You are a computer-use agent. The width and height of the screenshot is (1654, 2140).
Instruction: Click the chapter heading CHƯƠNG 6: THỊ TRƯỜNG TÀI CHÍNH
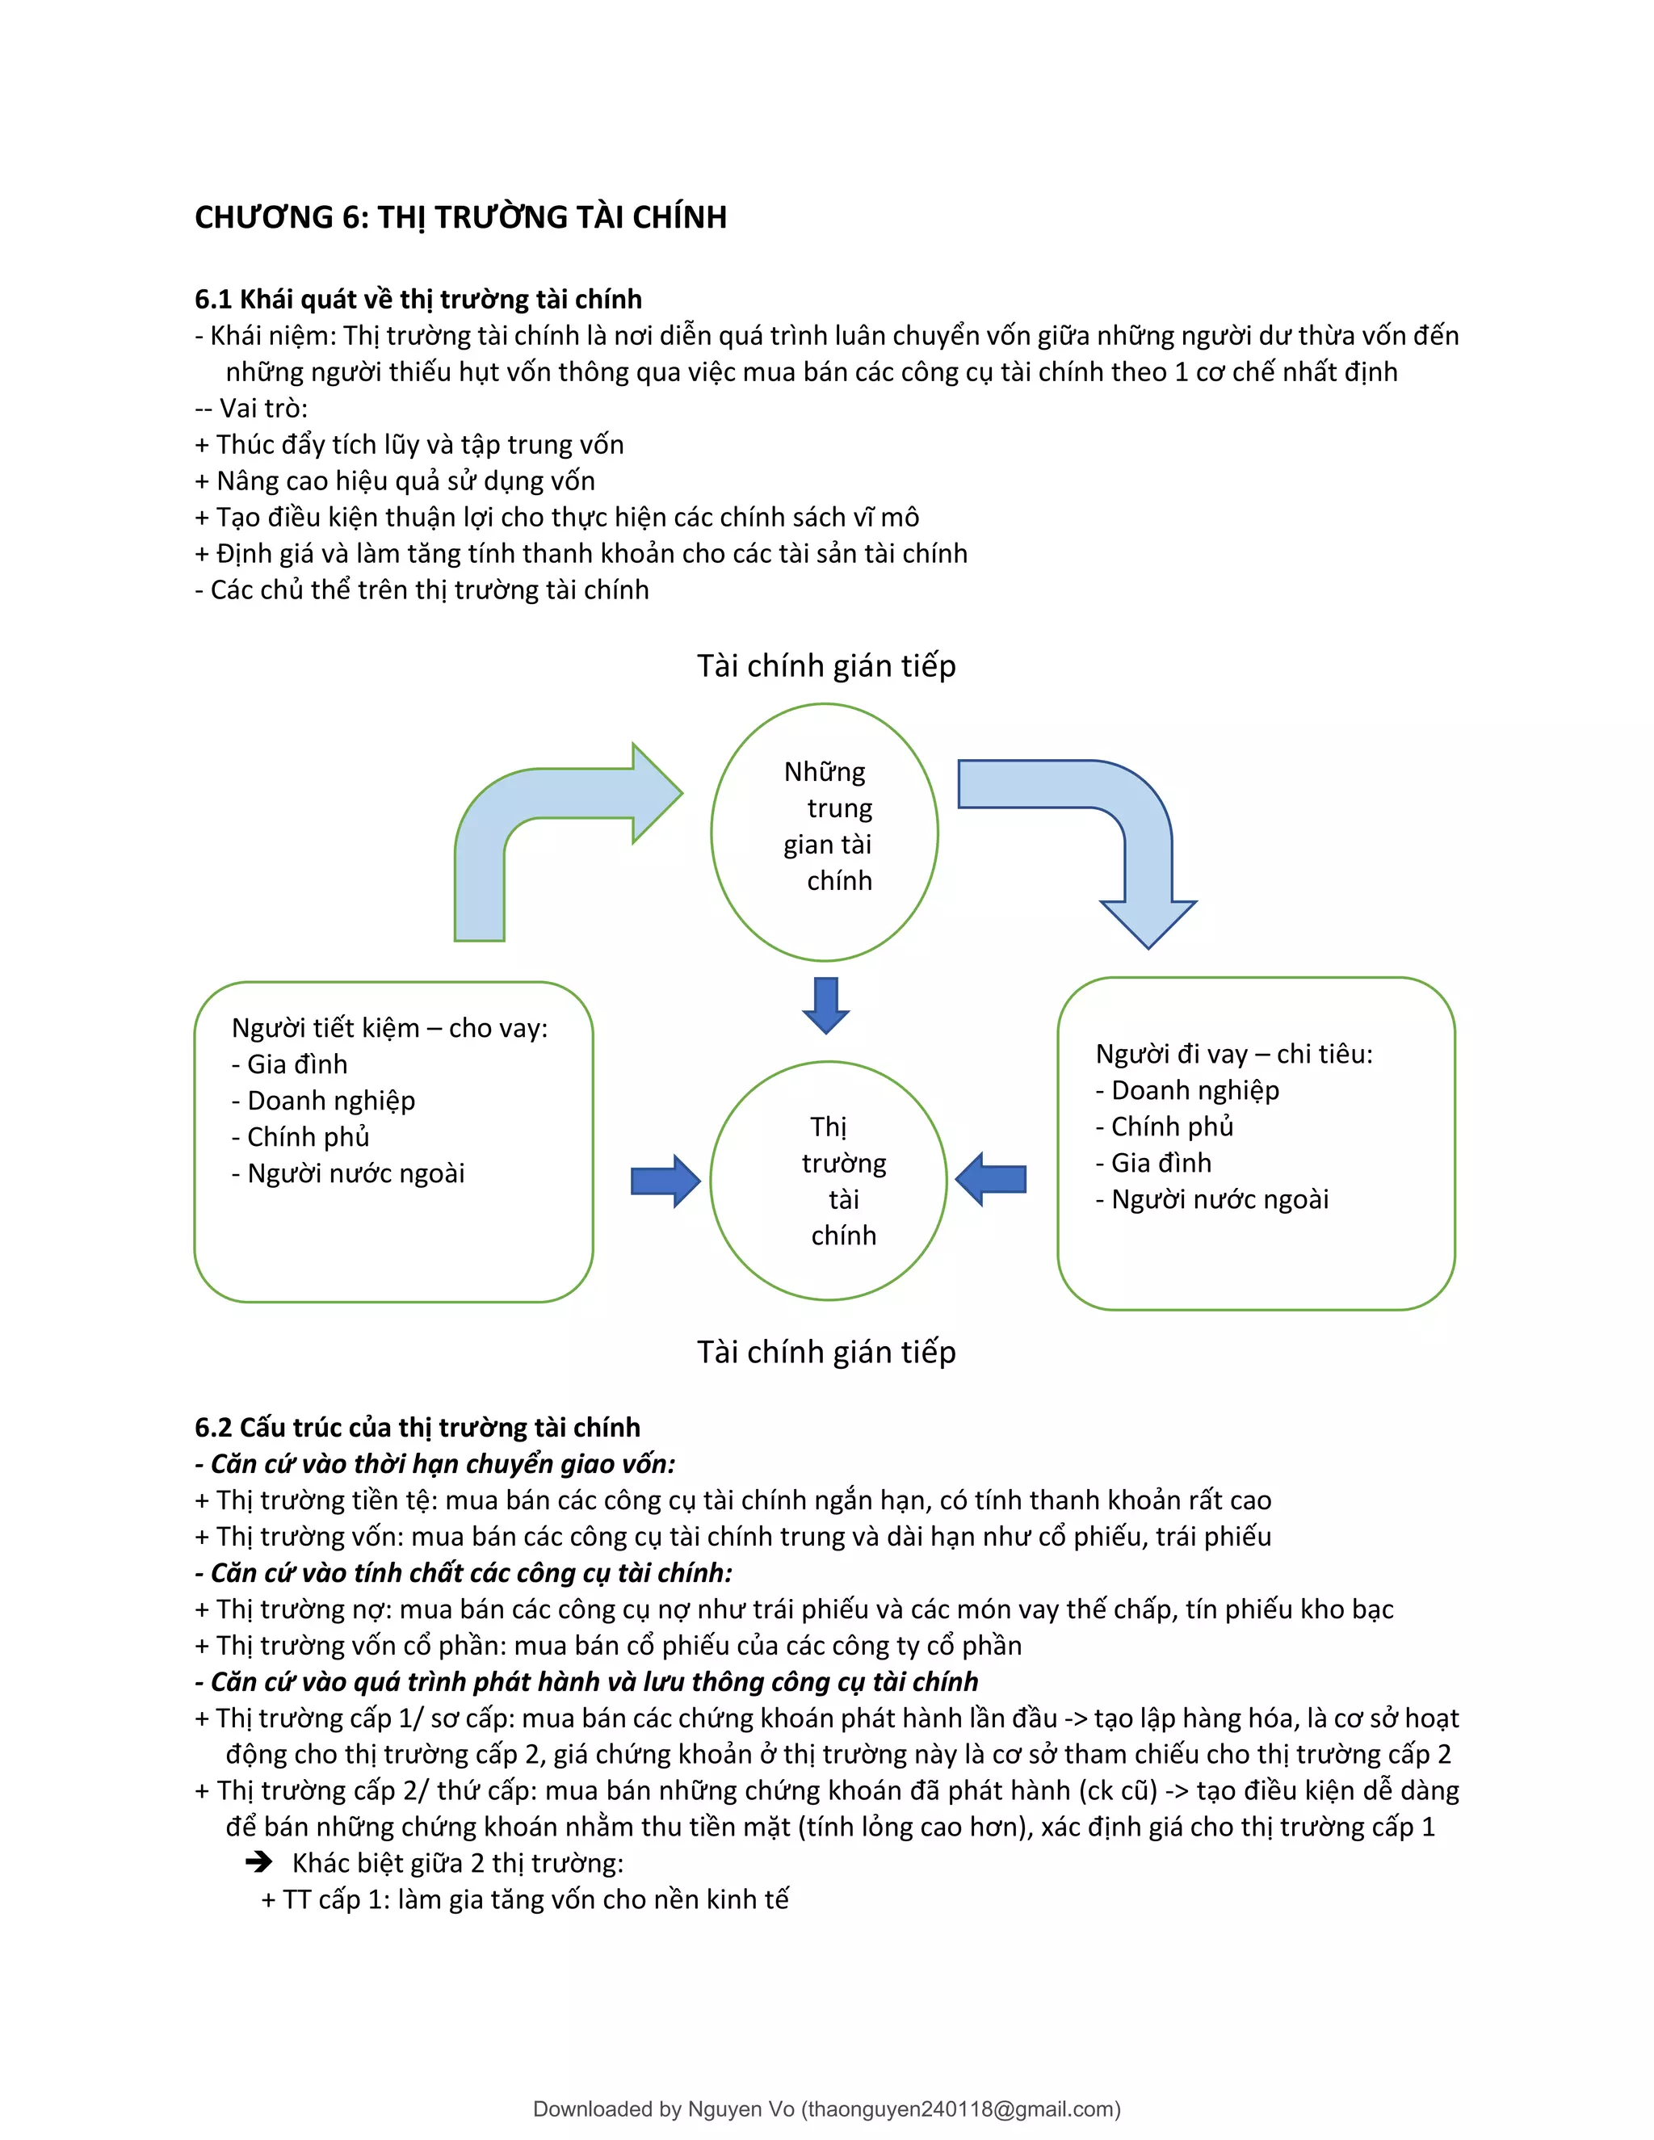point(460,216)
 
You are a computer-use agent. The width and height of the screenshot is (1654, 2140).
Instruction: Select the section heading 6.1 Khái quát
point(418,299)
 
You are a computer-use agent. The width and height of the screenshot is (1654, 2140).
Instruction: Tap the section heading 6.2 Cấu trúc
point(418,1427)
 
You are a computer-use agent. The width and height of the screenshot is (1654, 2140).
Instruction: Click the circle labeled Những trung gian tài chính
point(825,832)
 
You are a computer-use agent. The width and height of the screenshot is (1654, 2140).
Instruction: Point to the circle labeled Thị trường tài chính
point(829,1181)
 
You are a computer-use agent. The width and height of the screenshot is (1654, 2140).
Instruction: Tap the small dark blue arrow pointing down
point(826,1005)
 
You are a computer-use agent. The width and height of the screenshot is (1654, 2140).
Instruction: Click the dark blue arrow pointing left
point(991,1179)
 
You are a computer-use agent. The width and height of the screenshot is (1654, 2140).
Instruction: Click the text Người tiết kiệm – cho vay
point(389,1028)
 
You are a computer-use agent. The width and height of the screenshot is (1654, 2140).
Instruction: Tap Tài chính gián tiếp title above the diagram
point(826,665)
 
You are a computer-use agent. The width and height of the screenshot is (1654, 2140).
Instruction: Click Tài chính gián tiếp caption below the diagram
point(826,1351)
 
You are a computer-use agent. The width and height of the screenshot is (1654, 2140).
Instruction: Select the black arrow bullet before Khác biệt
point(258,1861)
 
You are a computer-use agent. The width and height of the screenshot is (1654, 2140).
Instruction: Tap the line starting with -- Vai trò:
point(251,408)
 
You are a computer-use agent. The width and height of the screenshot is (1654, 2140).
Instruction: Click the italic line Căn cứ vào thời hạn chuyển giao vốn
point(435,1464)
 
